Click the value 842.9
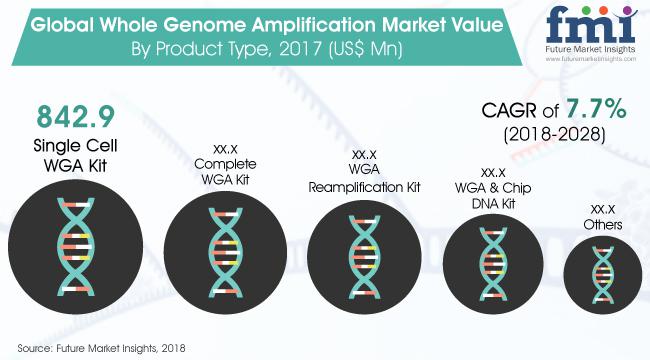tap(75, 117)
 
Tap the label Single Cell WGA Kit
tap(75, 156)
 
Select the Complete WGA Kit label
tap(225, 172)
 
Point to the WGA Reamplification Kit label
tap(364, 178)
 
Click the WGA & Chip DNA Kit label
tap(493, 195)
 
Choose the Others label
tap(603, 224)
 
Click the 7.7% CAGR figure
tap(596, 109)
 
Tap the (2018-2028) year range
tap(554, 134)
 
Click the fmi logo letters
tap(591, 25)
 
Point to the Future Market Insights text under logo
tap(590, 49)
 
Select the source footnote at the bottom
tap(101, 348)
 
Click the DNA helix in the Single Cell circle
tap(76, 247)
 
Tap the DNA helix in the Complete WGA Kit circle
tap(225, 253)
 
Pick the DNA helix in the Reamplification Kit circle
tap(364, 257)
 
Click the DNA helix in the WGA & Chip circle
tap(493, 264)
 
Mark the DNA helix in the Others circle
tap(603, 275)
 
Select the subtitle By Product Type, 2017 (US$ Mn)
tap(267, 49)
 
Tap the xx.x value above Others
tap(603, 209)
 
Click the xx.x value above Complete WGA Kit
tap(225, 148)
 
